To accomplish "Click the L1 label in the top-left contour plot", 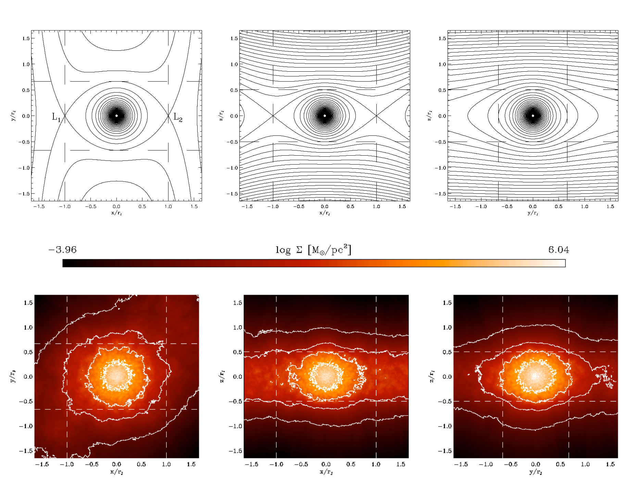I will [56, 117].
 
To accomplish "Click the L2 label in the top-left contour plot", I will [178, 117].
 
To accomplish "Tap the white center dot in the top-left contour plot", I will [116, 116].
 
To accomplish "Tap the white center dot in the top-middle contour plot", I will [325, 116].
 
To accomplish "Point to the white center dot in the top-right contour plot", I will [533, 116].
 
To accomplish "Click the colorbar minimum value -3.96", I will [63, 250].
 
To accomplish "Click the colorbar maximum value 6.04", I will [559, 250].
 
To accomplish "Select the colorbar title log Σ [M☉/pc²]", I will [313, 250].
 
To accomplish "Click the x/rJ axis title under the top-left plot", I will [116, 213].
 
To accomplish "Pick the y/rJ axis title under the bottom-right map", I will [535, 472].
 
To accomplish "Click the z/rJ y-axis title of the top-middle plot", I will [221, 116].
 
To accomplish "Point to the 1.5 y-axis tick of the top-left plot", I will [26, 38].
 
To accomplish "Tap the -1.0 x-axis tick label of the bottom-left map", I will [66, 464].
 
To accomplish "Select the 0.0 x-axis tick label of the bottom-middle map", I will [326, 464].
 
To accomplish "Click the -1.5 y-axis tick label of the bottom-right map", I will [445, 451].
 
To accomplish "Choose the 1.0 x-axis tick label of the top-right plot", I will [584, 206].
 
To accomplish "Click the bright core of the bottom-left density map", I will [116, 375].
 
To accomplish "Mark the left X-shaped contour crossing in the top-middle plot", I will [273, 116].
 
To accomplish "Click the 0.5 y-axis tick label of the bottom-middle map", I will [237, 352].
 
